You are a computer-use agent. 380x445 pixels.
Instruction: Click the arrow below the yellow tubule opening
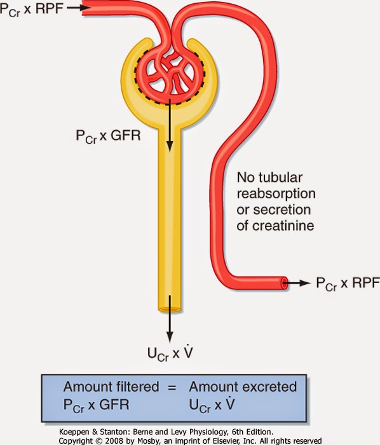170,327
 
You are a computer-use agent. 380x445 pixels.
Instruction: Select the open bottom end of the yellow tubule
170,310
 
